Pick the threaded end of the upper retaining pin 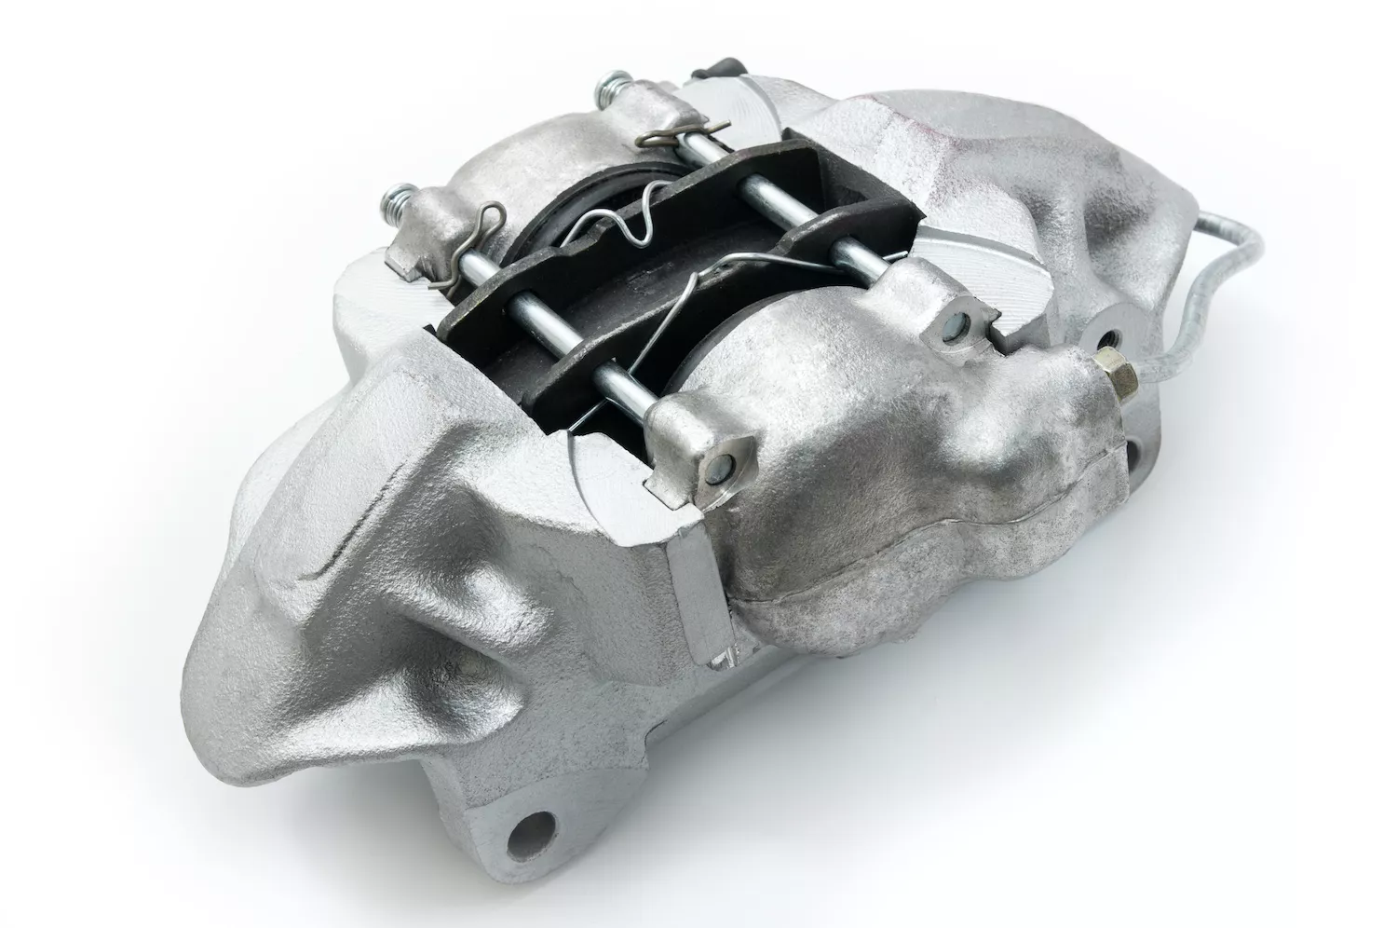tap(607, 90)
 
